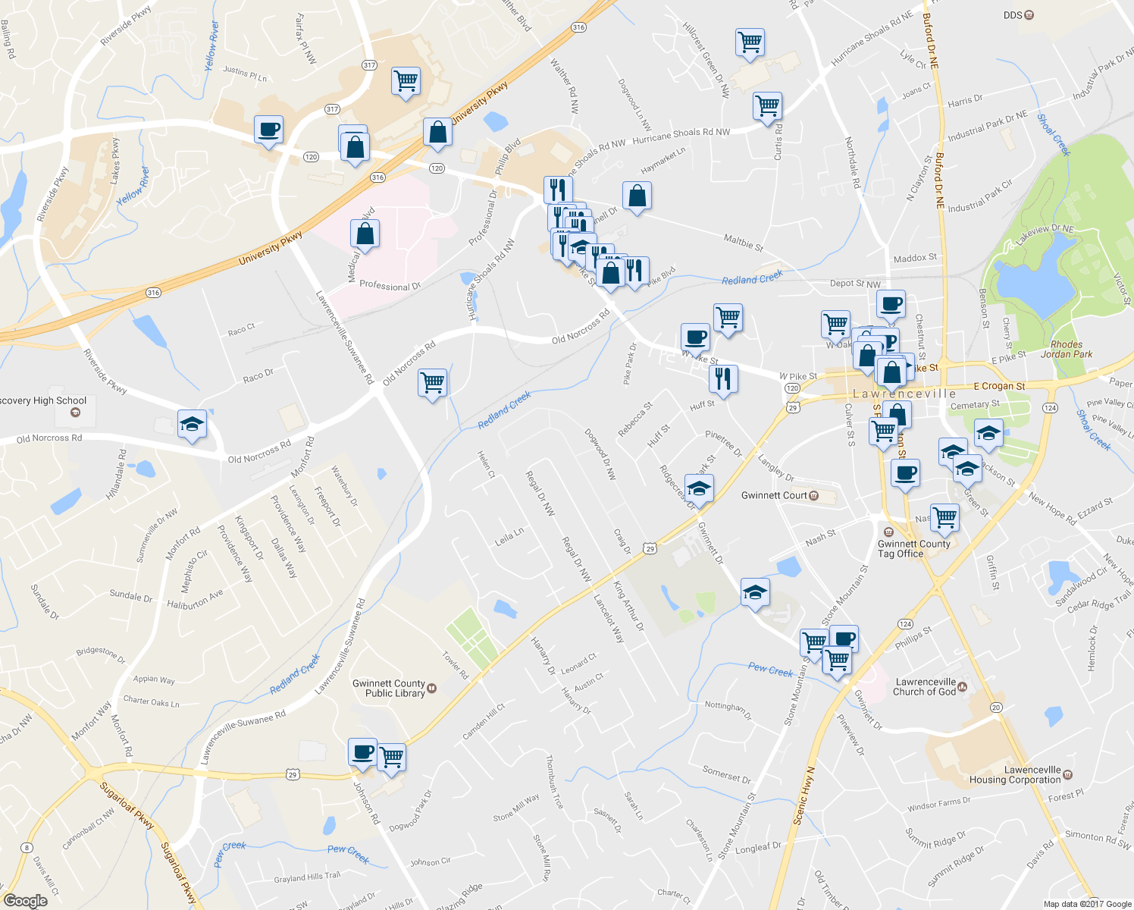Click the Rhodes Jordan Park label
1066,349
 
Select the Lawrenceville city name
904,394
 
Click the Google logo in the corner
25,900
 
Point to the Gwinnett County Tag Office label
913,548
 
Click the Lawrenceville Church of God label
924,687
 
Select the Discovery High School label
44,401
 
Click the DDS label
1013,15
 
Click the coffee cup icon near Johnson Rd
363,752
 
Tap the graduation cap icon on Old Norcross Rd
192,424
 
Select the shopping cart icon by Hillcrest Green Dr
750,42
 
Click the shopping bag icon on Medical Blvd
365,234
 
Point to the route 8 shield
27,848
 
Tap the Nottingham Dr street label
728,710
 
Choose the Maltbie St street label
743,243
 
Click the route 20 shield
995,707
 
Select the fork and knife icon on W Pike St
724,378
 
